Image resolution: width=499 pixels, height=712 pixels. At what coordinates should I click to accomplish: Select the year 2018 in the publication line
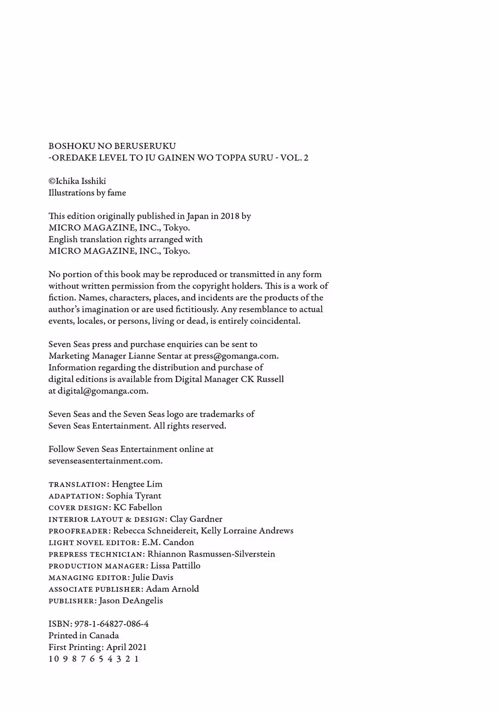(x=225, y=216)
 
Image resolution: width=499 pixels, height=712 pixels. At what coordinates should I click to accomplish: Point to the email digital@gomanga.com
(x=103, y=391)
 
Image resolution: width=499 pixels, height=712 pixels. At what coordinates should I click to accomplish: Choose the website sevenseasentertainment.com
(x=105, y=461)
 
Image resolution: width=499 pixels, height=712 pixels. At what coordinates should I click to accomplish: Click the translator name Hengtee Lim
(x=137, y=484)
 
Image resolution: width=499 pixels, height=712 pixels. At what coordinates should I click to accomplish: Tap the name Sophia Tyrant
(x=134, y=496)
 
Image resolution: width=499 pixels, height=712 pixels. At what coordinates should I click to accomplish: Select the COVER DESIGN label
(x=78, y=508)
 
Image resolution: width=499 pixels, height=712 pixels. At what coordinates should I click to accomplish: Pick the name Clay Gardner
(x=196, y=519)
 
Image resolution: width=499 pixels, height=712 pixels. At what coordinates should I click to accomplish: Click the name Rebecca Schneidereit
(x=155, y=531)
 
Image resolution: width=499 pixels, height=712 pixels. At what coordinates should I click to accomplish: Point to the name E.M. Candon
(x=168, y=542)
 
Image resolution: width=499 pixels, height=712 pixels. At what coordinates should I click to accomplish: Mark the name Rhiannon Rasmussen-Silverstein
(x=211, y=554)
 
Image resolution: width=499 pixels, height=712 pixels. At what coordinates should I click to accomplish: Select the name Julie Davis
(x=152, y=577)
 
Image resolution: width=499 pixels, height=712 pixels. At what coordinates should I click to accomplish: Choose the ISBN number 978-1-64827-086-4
(x=111, y=624)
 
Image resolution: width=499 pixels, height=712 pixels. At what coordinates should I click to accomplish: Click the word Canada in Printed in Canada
(x=104, y=636)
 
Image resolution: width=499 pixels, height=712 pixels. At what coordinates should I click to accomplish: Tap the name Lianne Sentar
(x=154, y=356)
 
